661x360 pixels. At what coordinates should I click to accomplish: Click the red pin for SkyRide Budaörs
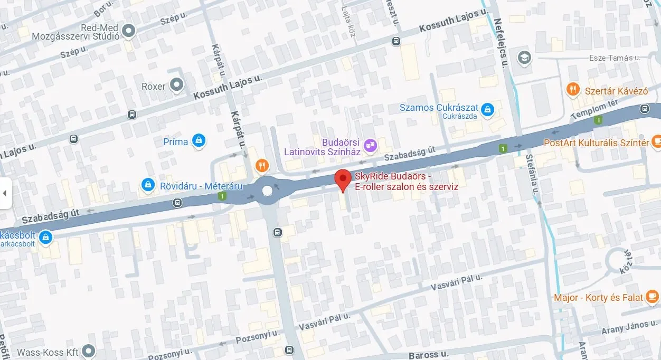tap(343, 180)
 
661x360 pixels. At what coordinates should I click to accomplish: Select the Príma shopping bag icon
tap(199, 140)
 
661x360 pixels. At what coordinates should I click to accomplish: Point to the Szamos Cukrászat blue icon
tap(487, 108)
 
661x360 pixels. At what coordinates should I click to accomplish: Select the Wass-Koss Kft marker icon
tap(88, 351)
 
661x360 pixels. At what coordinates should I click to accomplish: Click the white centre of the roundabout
tap(267, 191)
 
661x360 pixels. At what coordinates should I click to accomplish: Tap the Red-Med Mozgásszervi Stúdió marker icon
tap(127, 31)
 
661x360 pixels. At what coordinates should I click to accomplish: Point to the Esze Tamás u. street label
tap(615, 58)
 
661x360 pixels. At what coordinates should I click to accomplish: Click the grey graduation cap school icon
tap(524, 56)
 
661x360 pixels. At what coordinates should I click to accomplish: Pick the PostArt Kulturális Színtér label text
tap(596, 143)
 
